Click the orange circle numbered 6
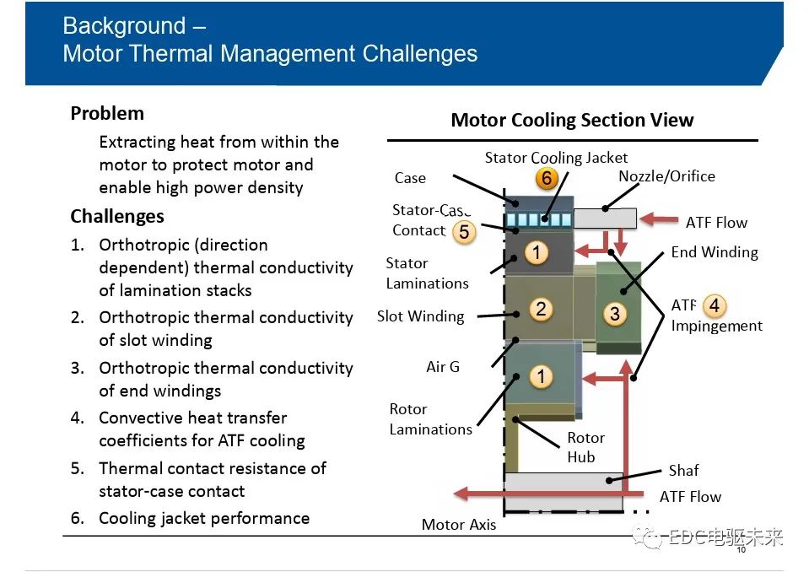[547, 179]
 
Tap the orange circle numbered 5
[463, 231]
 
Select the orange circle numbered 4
[714, 305]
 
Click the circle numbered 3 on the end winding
[615, 314]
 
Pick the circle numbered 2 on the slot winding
[541, 309]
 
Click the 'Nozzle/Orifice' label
[666, 176]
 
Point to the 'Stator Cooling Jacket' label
[556, 158]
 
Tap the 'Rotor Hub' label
[585, 447]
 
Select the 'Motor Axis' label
[459, 525]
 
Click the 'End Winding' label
[714, 252]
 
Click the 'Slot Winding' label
[421, 317]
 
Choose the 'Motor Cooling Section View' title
[572, 120]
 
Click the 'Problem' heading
[107, 113]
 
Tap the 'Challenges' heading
[117, 217]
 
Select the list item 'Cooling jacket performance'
[203, 518]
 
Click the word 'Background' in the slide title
[122, 26]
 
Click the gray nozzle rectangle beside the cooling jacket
[605, 219]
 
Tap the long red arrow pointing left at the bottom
[540, 494]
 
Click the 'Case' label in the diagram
[410, 178]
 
